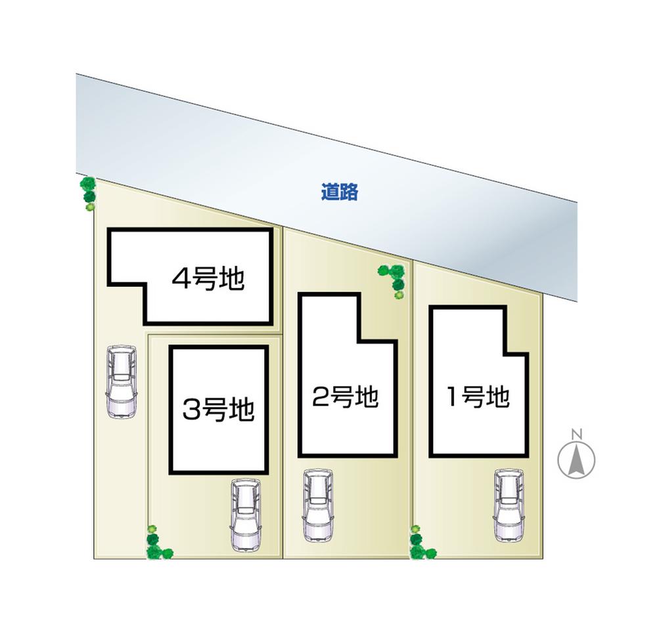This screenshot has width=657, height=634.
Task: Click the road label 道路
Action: pyautogui.click(x=340, y=192)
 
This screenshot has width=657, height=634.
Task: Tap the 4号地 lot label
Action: pyautogui.click(x=208, y=279)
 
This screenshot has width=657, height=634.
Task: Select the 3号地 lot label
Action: pyautogui.click(x=218, y=411)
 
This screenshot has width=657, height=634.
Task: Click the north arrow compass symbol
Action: pyautogui.click(x=576, y=459)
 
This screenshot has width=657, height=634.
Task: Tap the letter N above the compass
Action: pyautogui.click(x=576, y=433)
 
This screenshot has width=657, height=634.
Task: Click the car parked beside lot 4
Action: pyautogui.click(x=122, y=381)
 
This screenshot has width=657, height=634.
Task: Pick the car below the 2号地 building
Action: pyautogui.click(x=317, y=505)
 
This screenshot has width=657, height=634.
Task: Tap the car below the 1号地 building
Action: pyautogui.click(x=509, y=505)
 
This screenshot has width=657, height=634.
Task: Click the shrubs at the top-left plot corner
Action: pyautogui.click(x=89, y=193)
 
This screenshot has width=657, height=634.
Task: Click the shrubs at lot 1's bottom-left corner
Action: pyautogui.click(x=419, y=543)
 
